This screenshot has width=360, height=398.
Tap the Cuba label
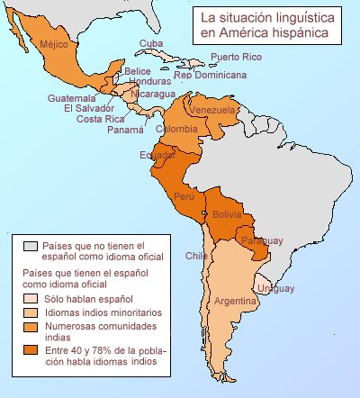[x=150, y=43]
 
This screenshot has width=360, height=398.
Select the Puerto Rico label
[x=236, y=58]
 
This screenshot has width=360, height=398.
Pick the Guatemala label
[x=72, y=98]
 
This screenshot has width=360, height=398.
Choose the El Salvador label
[x=86, y=108]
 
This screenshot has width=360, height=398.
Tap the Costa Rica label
[x=100, y=119]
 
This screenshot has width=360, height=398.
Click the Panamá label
[x=125, y=130]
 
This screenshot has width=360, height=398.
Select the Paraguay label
[x=263, y=240]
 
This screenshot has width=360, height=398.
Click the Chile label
[x=196, y=256]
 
